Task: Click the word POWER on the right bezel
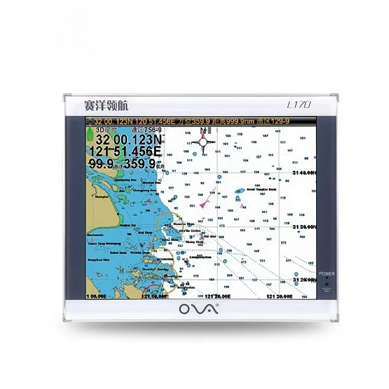[x=327, y=274]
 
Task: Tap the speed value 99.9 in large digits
[x=101, y=163]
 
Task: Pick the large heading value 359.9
[x=138, y=163]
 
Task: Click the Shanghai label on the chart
[x=102, y=197]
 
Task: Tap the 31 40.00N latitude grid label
[x=304, y=173]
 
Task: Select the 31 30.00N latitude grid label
[x=304, y=227]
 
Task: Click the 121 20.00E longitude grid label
[x=217, y=296]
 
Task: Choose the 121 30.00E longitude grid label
[x=279, y=296]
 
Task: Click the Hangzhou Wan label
[x=97, y=261]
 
